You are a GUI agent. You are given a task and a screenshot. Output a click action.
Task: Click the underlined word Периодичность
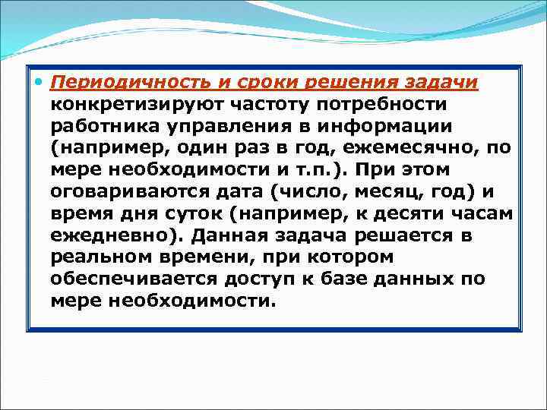pyautogui.click(x=119, y=81)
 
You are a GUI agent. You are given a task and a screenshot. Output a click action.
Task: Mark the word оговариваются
pyautogui.click(x=129, y=191)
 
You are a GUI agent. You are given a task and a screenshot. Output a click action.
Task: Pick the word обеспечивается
pyautogui.click(x=134, y=279)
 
